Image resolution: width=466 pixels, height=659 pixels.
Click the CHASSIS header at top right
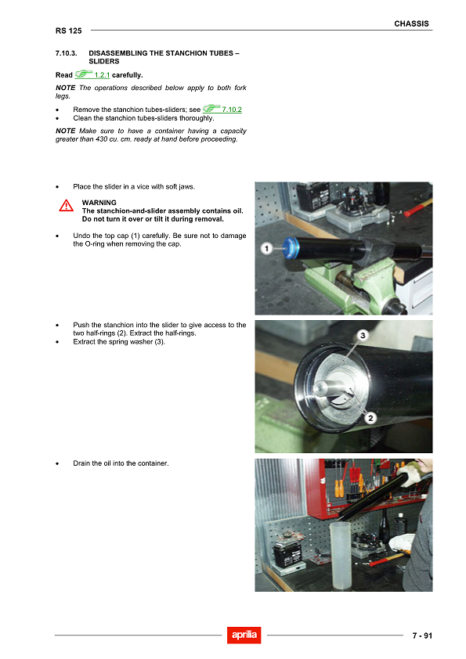[411, 23]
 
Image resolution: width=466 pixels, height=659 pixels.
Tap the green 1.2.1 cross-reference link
[102, 75]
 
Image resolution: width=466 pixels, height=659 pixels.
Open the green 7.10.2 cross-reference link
[231, 110]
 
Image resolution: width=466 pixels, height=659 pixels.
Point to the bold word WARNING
[99, 203]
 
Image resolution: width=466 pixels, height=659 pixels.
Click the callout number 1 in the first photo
[266, 248]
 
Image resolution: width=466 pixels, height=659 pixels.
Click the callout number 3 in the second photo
[363, 335]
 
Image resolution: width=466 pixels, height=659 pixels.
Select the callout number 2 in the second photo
[371, 418]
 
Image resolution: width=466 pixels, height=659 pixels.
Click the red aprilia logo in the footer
[244, 635]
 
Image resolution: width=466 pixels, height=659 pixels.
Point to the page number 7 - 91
[421, 636]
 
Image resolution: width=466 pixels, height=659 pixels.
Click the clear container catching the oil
[341, 556]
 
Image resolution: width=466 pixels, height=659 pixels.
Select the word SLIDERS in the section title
[104, 61]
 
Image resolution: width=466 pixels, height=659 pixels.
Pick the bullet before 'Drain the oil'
[59, 463]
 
